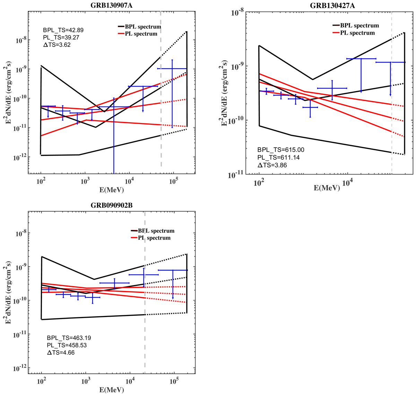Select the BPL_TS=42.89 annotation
pyautogui.click(x=63, y=30)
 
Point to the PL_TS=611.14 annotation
pyautogui.click(x=278, y=158)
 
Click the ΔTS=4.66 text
pyautogui.click(x=61, y=353)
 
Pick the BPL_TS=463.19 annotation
pyautogui.click(x=69, y=338)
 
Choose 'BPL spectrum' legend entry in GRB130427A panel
pyautogui.click(x=359, y=25)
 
